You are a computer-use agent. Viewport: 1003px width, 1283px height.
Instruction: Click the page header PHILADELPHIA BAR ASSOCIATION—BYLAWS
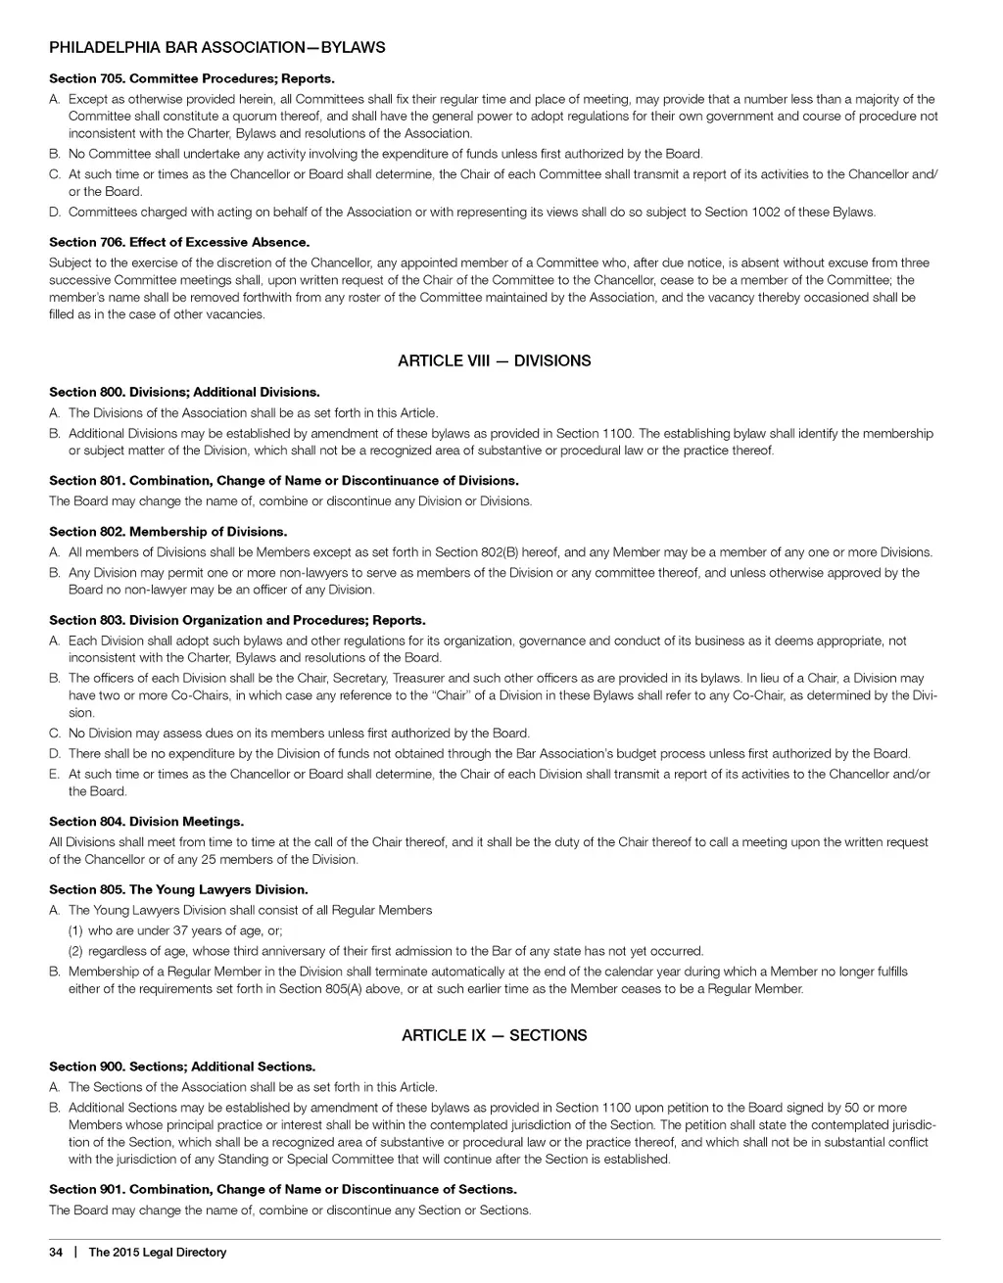pyautogui.click(x=216, y=47)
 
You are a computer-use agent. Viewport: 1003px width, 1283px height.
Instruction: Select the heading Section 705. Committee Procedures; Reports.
pyautogui.click(x=192, y=78)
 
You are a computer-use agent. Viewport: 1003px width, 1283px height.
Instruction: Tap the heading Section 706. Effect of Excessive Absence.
pyautogui.click(x=179, y=242)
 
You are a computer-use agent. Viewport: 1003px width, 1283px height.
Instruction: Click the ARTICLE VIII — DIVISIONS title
pyautogui.click(x=495, y=360)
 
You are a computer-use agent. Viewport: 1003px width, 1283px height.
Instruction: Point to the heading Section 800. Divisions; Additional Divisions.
pyautogui.click(x=184, y=392)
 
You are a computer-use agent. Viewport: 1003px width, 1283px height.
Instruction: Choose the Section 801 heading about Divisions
pyautogui.click(x=284, y=480)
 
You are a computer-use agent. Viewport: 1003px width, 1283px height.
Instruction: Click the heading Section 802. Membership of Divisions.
pyautogui.click(x=168, y=532)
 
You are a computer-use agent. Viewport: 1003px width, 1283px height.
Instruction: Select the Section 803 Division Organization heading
pyautogui.click(x=237, y=620)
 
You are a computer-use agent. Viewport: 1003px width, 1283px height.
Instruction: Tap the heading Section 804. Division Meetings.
pyautogui.click(x=147, y=822)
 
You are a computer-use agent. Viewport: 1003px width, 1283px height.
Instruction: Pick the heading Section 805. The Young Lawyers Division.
pyautogui.click(x=178, y=889)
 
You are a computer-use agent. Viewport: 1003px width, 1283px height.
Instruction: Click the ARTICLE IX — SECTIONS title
pyautogui.click(x=495, y=1035)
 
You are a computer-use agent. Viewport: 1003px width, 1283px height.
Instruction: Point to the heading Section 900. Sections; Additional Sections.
pyautogui.click(x=182, y=1067)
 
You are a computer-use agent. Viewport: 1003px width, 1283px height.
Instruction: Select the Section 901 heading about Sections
pyautogui.click(x=283, y=1189)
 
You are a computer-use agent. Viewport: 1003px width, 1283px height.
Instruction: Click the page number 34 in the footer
pyautogui.click(x=56, y=1252)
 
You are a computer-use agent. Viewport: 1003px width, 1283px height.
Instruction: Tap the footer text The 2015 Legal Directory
pyautogui.click(x=158, y=1252)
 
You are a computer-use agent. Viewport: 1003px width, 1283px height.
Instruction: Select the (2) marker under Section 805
pyautogui.click(x=75, y=951)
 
